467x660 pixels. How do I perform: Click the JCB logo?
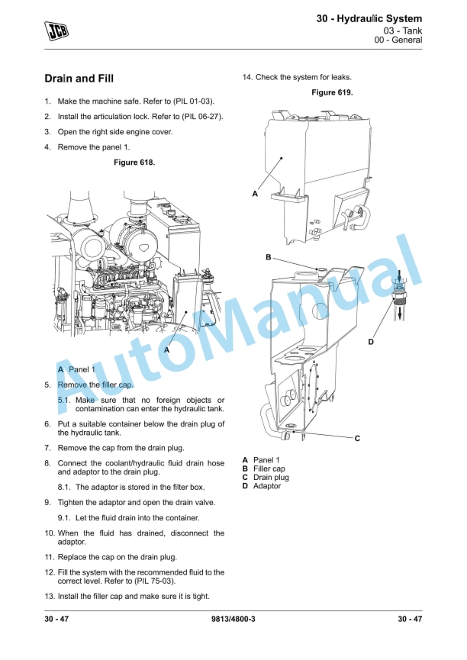[x=56, y=31]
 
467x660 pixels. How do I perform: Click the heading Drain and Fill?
[x=79, y=79]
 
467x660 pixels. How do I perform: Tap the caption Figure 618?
[x=134, y=163]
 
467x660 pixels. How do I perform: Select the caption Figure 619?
[x=332, y=92]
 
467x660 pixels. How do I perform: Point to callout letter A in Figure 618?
[x=167, y=349]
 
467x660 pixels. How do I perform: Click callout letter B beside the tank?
[x=269, y=257]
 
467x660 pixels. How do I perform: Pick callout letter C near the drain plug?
[x=357, y=439]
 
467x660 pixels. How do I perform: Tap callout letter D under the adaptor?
[x=371, y=342]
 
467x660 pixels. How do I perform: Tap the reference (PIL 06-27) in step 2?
[x=202, y=117]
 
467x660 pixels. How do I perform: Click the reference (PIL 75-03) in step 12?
[x=155, y=581]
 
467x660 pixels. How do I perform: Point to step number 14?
[x=247, y=78]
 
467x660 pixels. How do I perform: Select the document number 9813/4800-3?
[x=233, y=619]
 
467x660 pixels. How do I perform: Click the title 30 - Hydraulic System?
[x=369, y=18]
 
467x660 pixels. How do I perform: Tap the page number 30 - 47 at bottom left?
[x=56, y=619]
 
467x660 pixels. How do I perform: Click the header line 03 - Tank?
[x=403, y=31]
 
